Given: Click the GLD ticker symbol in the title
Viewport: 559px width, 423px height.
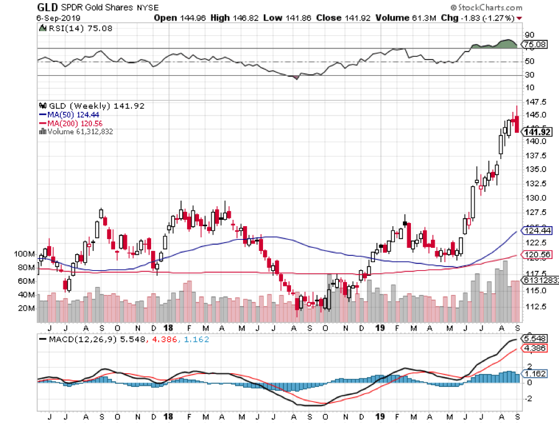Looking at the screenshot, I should coord(48,7).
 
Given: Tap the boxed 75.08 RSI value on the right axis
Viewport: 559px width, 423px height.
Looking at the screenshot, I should coord(537,45).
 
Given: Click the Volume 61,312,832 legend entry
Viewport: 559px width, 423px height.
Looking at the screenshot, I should coord(80,131).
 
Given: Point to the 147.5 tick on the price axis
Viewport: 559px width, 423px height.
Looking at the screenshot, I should coord(535,101).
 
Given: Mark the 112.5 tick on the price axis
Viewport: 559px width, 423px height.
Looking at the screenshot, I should coord(535,307).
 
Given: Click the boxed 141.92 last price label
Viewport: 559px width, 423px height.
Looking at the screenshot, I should coord(537,131).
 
